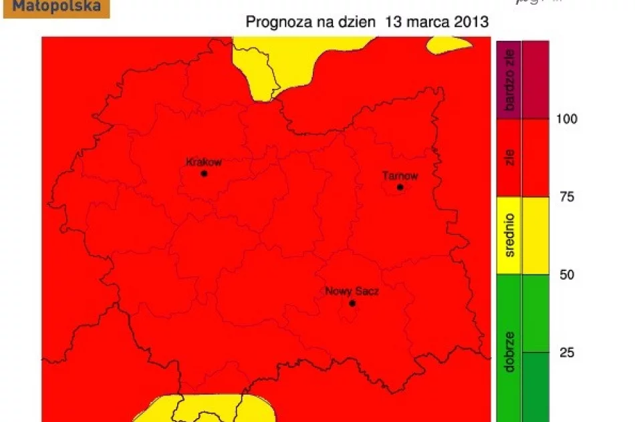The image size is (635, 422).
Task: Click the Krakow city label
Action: [203, 162]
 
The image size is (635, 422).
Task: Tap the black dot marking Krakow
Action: [204, 174]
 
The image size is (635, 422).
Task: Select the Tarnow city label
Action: [400, 176]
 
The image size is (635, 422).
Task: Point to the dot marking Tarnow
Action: [400, 187]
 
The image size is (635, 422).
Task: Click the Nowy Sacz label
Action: [352, 292]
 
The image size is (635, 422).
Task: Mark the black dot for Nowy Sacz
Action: [352, 304]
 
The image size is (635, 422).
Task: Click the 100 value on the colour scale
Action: [567, 119]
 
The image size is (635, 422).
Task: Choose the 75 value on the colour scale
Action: [566, 197]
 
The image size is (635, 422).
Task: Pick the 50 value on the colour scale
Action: [566, 274]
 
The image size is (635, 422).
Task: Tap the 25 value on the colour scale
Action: [566, 353]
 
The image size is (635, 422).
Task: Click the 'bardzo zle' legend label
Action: [510, 80]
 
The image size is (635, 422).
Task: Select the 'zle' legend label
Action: [510, 158]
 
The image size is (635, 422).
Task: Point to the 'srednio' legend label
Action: [510, 235]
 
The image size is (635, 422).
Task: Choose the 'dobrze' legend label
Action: [510, 351]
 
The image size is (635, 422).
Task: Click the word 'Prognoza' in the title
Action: [277, 22]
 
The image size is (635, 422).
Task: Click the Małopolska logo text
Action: [57, 7]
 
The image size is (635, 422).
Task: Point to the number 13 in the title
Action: [393, 22]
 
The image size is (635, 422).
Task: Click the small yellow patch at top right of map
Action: [447, 45]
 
